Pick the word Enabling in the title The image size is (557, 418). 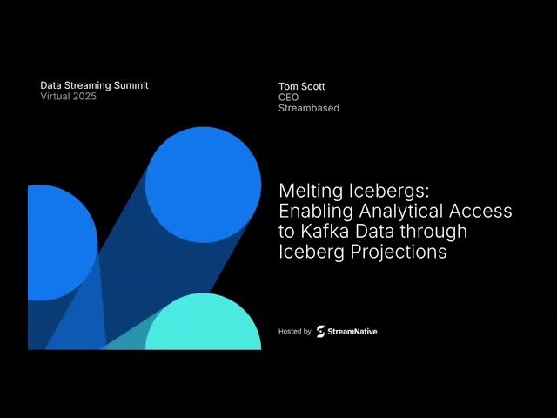314,212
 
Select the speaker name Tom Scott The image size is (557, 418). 301,86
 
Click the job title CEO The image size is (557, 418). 288,98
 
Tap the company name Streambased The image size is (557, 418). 308,109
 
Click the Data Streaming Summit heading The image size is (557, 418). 94,85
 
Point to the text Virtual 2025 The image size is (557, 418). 69,97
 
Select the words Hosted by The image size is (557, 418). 294,332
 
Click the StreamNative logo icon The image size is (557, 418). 320,331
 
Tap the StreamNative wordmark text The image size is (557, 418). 352,332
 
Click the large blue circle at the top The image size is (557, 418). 203,184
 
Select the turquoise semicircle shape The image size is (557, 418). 203,327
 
